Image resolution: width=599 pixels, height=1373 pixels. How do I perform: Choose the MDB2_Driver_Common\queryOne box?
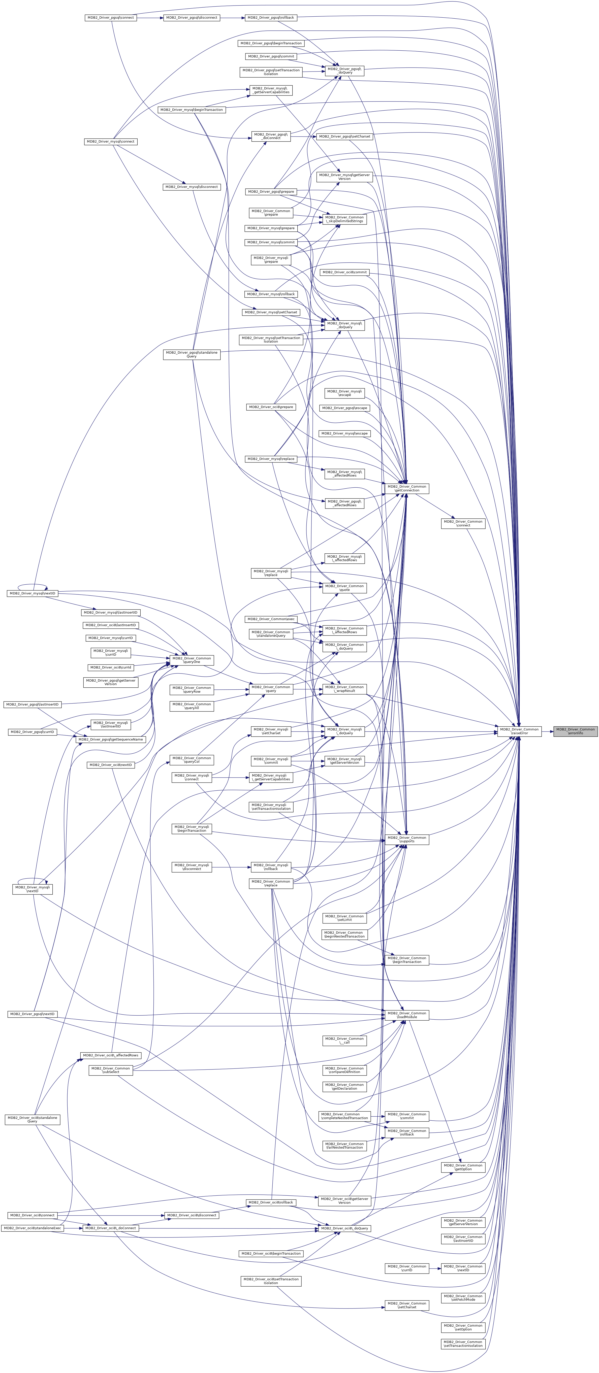tap(192, 660)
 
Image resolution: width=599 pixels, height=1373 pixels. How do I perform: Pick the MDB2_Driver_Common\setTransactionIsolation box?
tap(463, 1344)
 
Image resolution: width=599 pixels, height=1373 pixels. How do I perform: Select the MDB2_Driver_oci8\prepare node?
tap(271, 407)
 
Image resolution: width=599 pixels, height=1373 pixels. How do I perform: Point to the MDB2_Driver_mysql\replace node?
tap(271, 459)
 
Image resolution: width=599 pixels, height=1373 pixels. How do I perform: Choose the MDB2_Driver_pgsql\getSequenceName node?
tap(110, 739)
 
